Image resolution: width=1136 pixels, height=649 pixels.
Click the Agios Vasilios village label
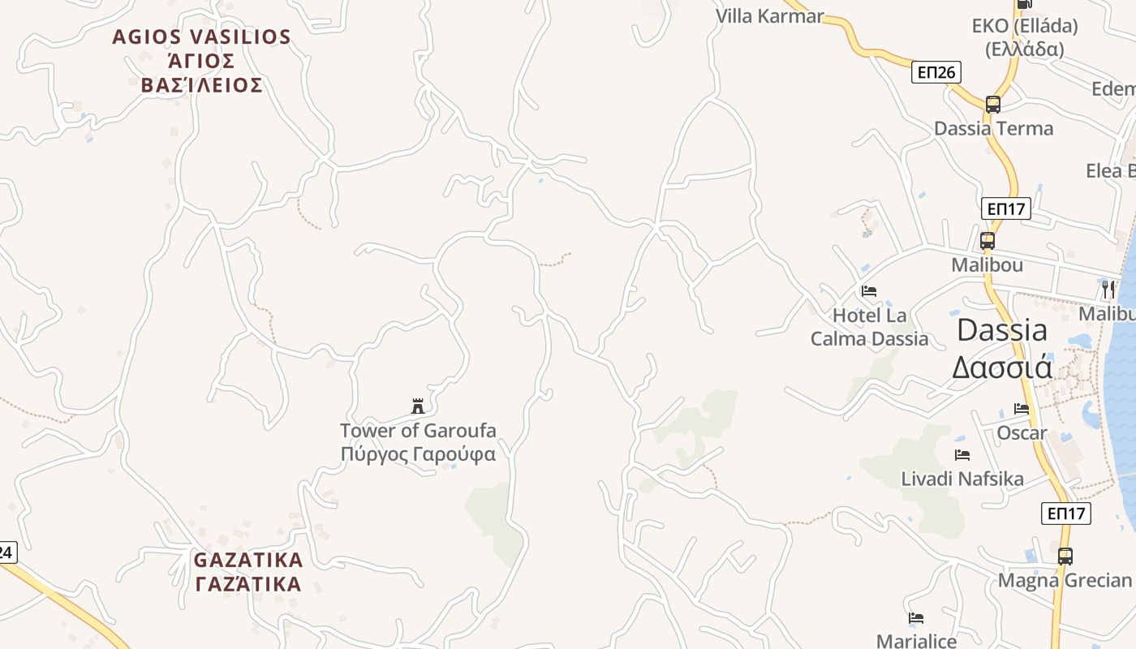(x=201, y=61)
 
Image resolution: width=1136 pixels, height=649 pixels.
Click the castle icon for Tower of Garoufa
(x=418, y=406)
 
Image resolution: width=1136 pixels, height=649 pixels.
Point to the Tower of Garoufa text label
(x=418, y=442)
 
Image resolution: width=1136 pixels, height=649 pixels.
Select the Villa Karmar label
(x=769, y=15)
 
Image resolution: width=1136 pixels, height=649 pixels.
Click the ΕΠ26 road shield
(x=936, y=72)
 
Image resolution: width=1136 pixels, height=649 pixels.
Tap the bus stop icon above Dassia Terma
(x=992, y=104)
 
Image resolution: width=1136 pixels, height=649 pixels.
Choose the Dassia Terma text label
(x=993, y=128)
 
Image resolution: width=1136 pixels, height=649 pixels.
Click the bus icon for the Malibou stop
(x=987, y=241)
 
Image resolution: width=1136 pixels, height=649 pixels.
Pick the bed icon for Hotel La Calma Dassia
(x=869, y=290)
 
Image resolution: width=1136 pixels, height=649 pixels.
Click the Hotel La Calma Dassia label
(x=869, y=327)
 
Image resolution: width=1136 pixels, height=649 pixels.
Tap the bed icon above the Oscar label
(x=1022, y=409)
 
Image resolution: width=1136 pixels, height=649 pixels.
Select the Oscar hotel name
(x=1022, y=433)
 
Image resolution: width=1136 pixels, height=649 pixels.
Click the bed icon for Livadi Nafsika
(x=962, y=455)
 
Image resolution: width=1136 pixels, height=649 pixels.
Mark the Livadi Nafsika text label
(x=962, y=479)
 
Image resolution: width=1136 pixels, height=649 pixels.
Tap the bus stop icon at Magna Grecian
(x=1065, y=557)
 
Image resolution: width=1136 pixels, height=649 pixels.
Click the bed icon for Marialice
(x=916, y=618)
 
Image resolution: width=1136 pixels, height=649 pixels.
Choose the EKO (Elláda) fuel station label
(x=1025, y=37)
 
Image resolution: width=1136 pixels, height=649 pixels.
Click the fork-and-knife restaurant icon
(x=1108, y=289)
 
